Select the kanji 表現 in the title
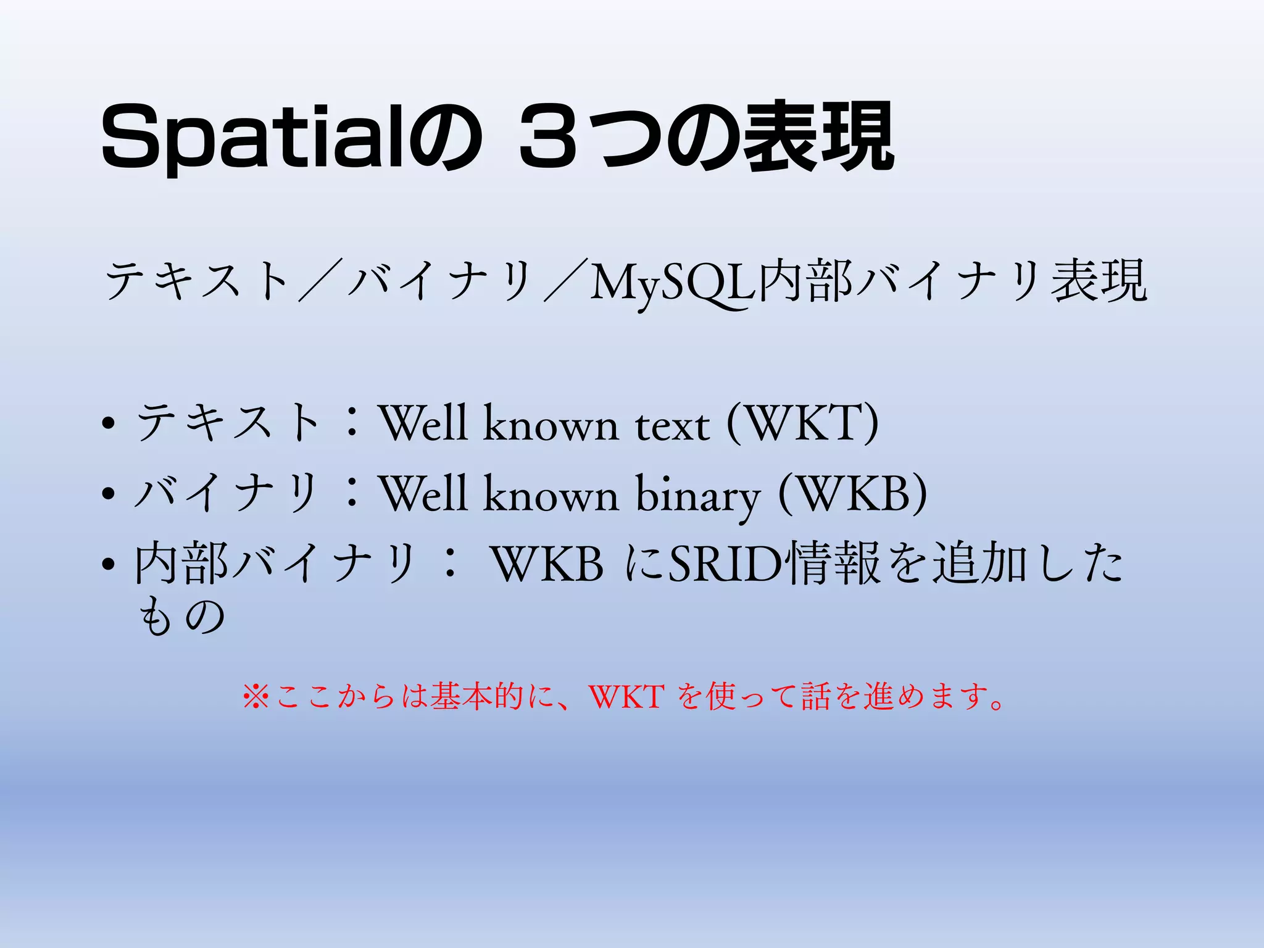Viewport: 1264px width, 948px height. pyautogui.click(x=818, y=137)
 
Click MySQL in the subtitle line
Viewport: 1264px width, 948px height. pyautogui.click(x=673, y=283)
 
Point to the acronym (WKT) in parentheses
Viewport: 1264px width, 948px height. pyautogui.click(x=802, y=423)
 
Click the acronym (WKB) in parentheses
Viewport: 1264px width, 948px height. pyautogui.click(x=852, y=494)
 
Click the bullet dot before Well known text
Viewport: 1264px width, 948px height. pyautogui.click(x=109, y=425)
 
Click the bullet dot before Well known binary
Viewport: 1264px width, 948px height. pyautogui.click(x=109, y=494)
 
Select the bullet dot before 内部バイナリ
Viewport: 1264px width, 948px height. pyautogui.click(x=109, y=564)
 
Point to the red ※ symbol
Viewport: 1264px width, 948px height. pyautogui.click(x=256, y=697)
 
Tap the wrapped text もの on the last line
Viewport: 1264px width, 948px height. pyautogui.click(x=181, y=617)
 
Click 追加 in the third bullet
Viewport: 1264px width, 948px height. pyautogui.click(x=979, y=563)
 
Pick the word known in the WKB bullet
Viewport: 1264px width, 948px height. pyautogui.click(x=550, y=494)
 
